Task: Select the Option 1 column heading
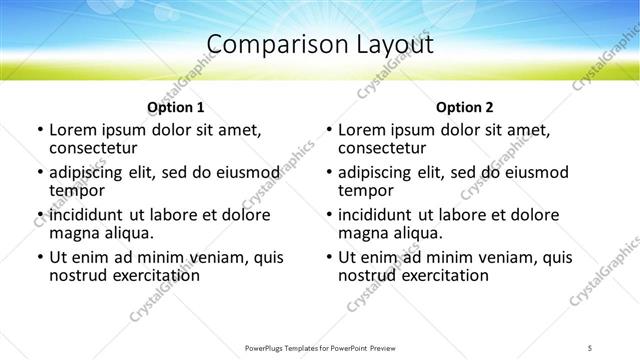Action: tap(176, 107)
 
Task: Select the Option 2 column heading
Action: tap(465, 107)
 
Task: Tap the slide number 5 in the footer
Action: tap(591, 348)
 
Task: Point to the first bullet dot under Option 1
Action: tap(39, 130)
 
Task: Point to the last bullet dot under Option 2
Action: tap(329, 257)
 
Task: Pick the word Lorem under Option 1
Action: tap(72, 130)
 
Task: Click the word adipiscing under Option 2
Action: tap(378, 172)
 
